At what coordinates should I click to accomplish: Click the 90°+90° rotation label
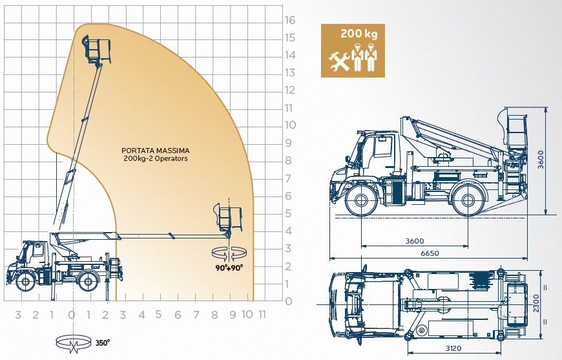pos(229,266)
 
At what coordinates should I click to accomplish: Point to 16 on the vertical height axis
pos(290,20)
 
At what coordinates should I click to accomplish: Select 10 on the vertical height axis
pos(290,125)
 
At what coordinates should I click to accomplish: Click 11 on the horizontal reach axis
pos(262,315)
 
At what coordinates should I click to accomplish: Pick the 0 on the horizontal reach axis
pos(71,315)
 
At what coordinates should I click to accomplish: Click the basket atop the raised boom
pos(95,48)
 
